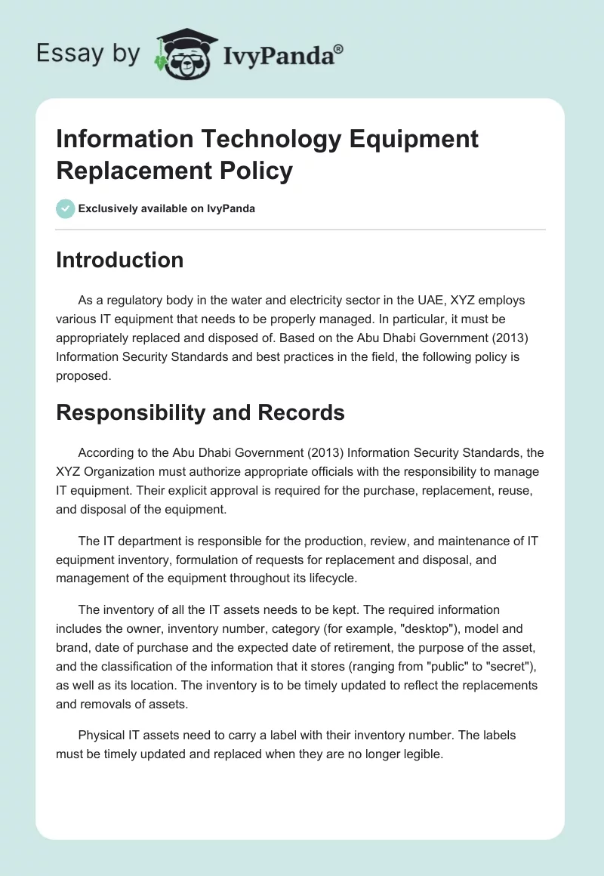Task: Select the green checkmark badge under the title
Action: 65,208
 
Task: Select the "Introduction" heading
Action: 120,260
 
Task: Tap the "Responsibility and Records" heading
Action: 200,412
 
